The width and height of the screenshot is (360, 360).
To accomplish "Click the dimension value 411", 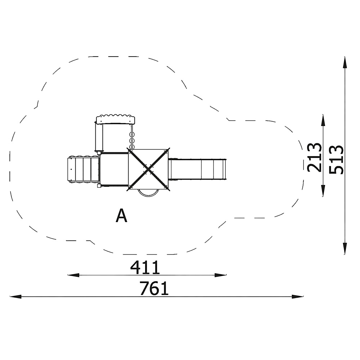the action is pos(145,267).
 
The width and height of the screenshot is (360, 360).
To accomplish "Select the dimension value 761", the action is pos(154,288).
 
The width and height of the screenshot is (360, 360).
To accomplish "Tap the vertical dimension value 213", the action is pos(314,158).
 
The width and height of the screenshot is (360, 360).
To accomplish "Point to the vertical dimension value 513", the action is pos(336,159).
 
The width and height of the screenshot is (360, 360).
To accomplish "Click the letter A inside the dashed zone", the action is pos(121,216).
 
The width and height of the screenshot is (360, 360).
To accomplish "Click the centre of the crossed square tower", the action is pos(149,170).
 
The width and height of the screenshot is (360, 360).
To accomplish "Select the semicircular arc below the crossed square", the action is pos(149,194).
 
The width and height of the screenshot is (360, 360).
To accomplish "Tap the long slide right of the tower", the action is pos(197,170).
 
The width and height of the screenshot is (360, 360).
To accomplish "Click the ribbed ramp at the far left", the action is pos(83,170).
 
